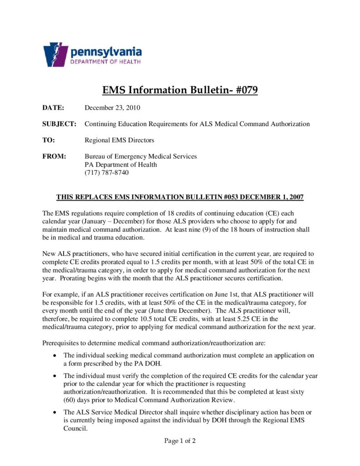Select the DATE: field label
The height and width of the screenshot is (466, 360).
(53, 108)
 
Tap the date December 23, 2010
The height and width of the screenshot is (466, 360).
(112, 108)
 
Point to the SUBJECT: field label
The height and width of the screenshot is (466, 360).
(59, 124)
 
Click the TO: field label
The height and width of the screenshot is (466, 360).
(49, 140)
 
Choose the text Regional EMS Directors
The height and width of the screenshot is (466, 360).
(120, 140)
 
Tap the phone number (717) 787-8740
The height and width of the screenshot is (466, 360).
(106, 172)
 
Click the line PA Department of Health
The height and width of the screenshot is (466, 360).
(121, 164)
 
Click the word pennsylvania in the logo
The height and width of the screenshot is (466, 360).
(106, 51)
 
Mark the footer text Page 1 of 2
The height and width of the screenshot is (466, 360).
(180, 441)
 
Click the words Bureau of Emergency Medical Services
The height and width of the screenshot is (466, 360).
(141, 157)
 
